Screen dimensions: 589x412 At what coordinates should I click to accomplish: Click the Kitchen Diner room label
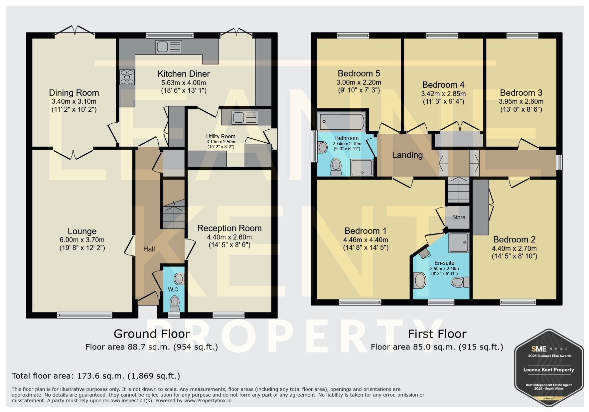click(184, 74)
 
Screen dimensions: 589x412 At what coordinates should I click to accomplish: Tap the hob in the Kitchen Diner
click(127, 77)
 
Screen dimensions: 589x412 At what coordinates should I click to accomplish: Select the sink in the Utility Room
click(245, 117)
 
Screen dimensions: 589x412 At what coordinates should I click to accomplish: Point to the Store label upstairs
click(459, 217)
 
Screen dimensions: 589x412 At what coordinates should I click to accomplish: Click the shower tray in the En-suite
click(459, 242)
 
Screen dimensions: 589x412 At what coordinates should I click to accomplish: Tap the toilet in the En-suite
click(460, 282)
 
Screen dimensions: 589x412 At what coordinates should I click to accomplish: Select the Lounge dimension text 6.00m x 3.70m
click(82, 240)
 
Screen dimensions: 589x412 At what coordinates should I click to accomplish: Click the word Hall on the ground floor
click(149, 249)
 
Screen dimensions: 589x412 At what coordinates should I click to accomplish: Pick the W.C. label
click(174, 290)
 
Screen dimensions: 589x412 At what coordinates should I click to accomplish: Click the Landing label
click(407, 155)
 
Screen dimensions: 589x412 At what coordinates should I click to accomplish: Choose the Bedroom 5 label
click(359, 73)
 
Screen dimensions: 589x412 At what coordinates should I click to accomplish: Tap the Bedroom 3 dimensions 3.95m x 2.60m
click(521, 101)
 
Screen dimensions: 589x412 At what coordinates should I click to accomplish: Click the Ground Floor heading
click(152, 334)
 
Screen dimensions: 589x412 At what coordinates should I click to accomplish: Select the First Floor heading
click(437, 334)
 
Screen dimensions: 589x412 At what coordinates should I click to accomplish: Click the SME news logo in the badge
click(549, 348)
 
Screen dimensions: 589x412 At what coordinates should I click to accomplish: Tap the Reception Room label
click(229, 228)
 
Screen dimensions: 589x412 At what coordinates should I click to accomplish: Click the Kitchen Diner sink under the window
click(169, 47)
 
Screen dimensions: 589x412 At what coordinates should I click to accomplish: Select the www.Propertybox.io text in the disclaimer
click(208, 401)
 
